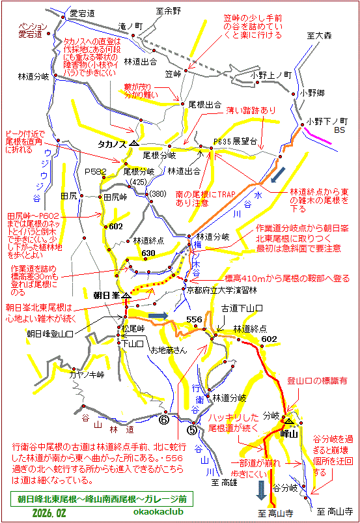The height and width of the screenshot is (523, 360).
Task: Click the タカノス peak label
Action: [x=111, y=143]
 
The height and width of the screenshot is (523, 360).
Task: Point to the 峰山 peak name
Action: [x=288, y=433]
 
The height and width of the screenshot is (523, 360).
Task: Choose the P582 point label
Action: [x=95, y=172]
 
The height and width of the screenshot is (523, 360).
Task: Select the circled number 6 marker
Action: [x=163, y=420]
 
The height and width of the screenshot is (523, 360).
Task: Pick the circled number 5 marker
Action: [x=191, y=429]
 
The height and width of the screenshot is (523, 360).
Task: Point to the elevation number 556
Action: [x=195, y=319]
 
